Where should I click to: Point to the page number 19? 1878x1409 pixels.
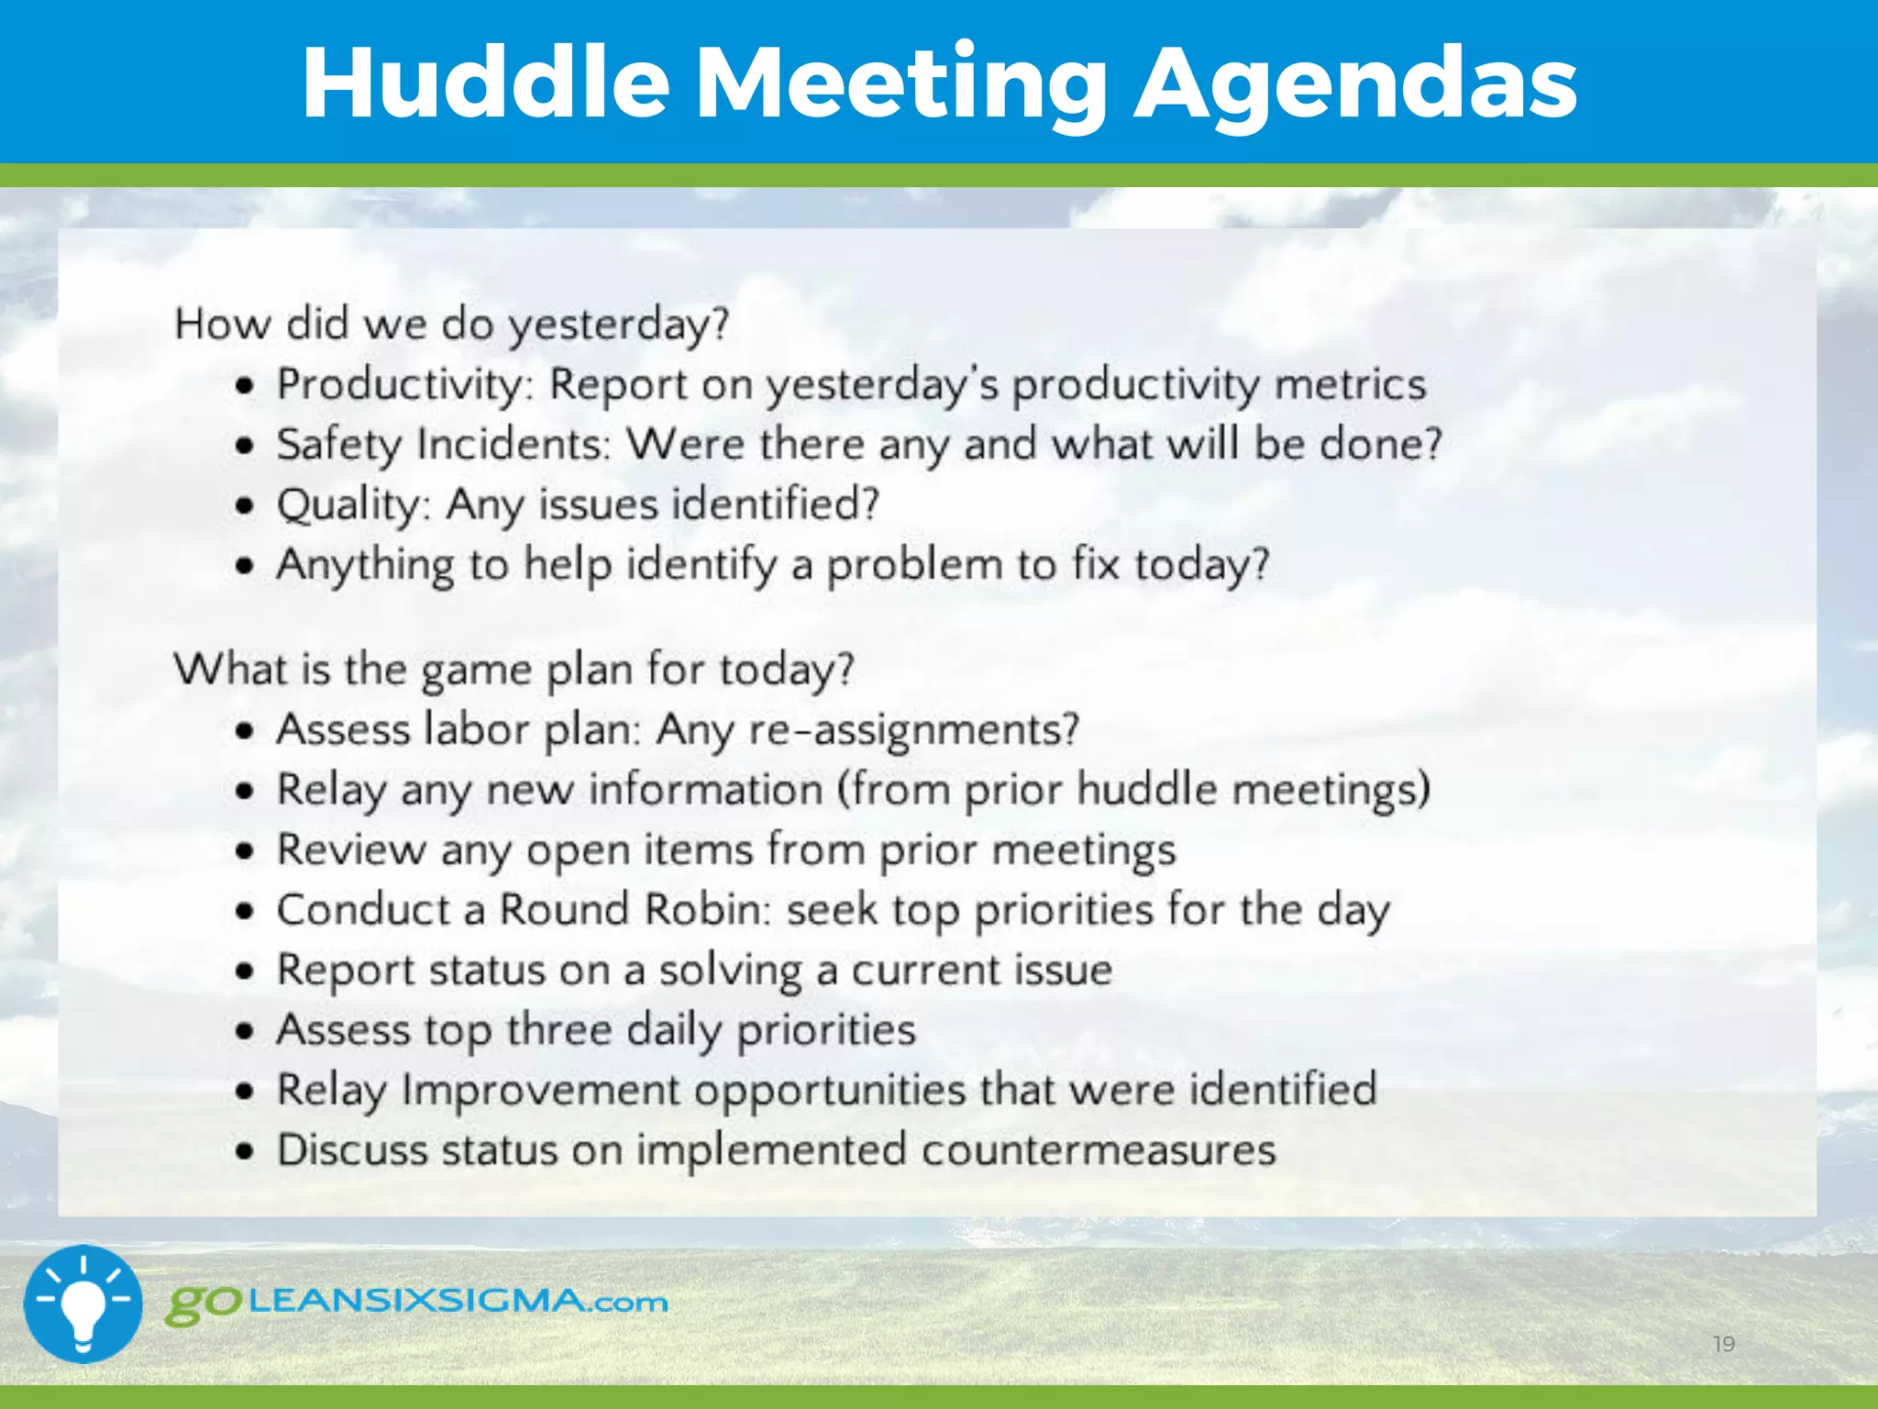coord(1724,1345)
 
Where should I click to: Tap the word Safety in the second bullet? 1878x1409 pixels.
coord(338,445)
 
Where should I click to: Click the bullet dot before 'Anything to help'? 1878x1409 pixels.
coord(243,566)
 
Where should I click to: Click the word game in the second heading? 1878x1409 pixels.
coord(476,671)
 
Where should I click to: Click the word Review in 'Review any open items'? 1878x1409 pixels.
coord(351,849)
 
